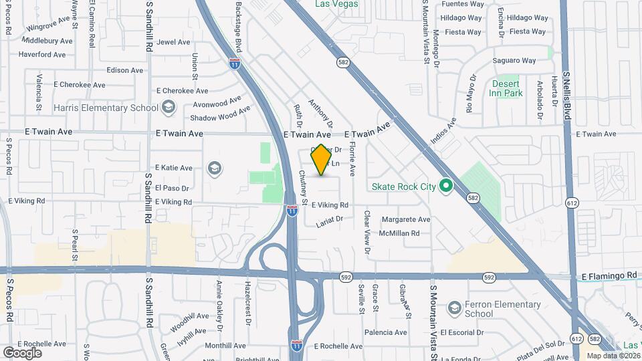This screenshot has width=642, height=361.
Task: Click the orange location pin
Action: (322, 160)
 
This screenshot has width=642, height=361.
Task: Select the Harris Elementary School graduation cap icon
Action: (168, 108)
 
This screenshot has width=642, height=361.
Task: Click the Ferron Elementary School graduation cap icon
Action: (455, 308)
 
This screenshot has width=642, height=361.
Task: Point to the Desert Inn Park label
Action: (507, 88)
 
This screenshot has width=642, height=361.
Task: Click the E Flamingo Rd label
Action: (609, 275)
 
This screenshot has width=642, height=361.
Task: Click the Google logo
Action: (22, 352)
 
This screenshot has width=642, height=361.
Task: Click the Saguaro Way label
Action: (514, 61)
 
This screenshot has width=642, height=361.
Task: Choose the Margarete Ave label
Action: (405, 219)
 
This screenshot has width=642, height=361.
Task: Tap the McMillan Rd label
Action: (399, 233)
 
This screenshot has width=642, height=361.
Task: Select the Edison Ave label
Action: (125, 70)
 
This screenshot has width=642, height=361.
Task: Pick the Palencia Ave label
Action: (386, 332)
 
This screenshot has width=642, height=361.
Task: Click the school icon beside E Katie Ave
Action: (214, 167)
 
